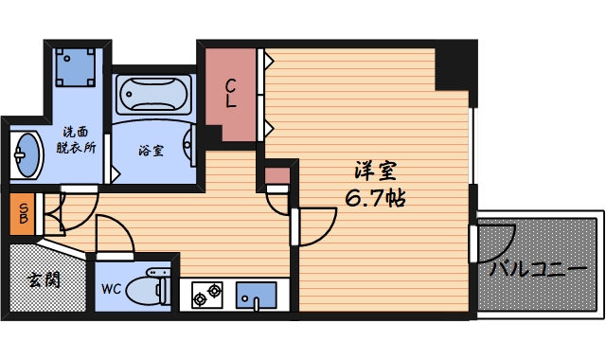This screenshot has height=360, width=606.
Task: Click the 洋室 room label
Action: pos(376,172)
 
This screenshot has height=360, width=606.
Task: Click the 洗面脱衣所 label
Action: pos(76,140)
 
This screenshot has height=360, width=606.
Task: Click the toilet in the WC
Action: pos(151,290)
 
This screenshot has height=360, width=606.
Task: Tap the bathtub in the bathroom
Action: pos(153,95)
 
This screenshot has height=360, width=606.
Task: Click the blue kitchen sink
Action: pos(255,295)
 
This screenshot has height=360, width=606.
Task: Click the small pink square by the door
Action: pos(276,175)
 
